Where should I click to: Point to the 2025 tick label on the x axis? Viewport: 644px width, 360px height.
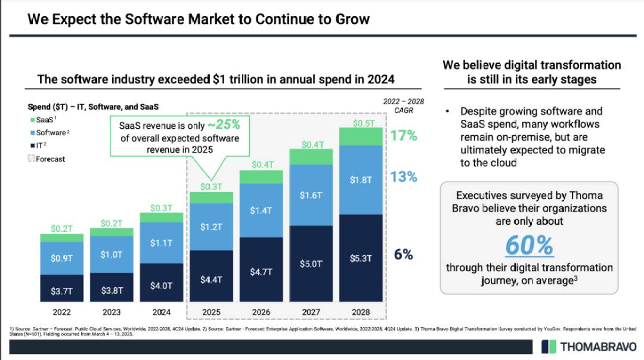[211, 312]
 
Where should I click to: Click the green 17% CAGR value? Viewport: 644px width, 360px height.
[404, 136]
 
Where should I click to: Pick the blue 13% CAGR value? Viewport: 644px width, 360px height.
[404, 177]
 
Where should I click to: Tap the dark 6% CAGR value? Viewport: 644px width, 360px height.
[403, 255]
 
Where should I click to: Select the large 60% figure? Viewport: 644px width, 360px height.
[529, 245]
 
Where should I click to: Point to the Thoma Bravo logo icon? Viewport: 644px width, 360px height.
[549, 346]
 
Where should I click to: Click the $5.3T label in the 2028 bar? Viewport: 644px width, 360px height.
[361, 259]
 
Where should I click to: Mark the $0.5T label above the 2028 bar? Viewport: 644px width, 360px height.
[361, 123]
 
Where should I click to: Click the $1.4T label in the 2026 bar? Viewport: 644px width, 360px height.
[261, 210]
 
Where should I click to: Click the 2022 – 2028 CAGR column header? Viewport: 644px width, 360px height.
[403, 106]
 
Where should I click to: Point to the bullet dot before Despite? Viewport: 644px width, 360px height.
[447, 112]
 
